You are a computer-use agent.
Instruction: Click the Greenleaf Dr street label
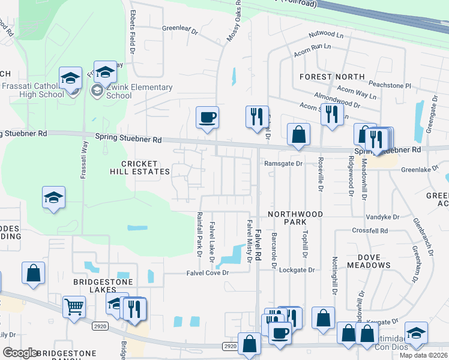(x=180, y=28)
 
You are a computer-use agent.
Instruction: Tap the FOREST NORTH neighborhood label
(x=332, y=77)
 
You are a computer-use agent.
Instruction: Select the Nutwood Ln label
(x=327, y=35)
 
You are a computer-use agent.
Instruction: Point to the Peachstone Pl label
(x=390, y=86)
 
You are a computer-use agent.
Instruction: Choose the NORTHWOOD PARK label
(x=295, y=218)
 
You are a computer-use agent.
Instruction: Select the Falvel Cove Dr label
(x=205, y=273)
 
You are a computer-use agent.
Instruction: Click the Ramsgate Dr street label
(x=282, y=163)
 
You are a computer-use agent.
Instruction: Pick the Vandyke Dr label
(x=384, y=217)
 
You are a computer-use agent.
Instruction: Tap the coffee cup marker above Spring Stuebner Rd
(x=208, y=118)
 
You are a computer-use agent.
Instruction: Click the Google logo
(x=20, y=353)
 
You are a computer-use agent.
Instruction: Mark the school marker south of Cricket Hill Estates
(x=53, y=198)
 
